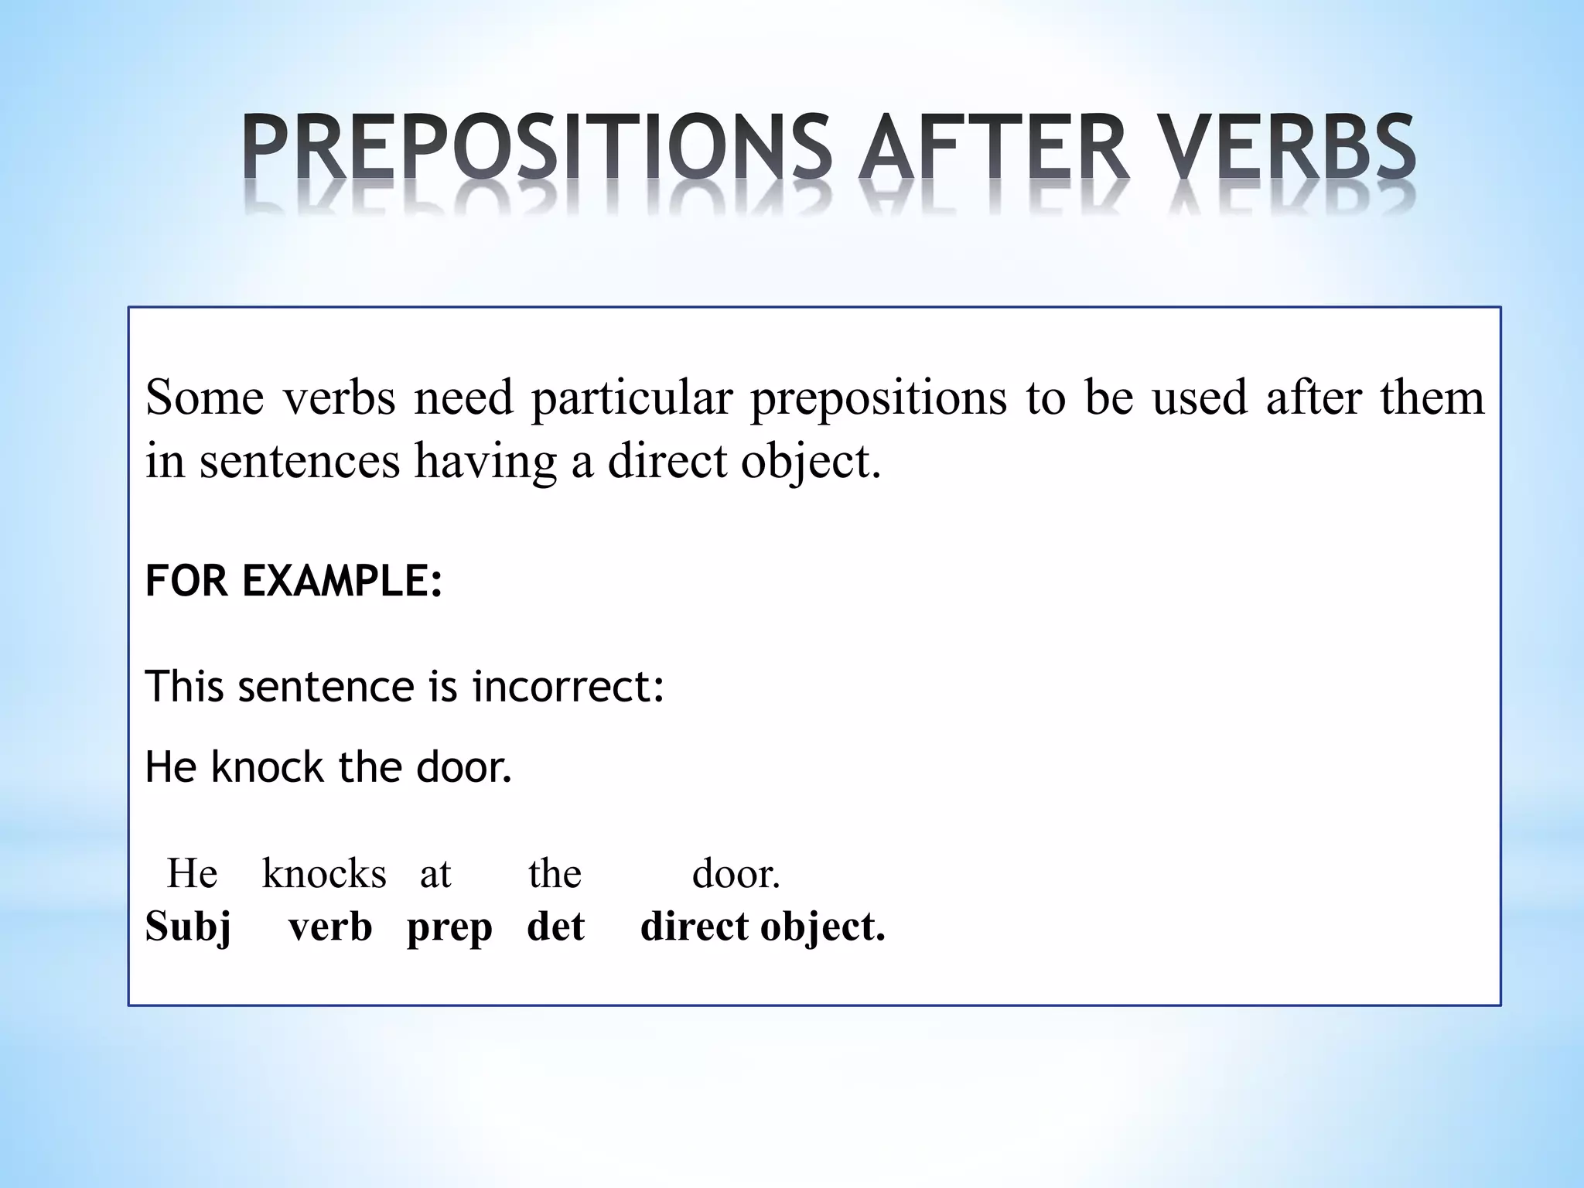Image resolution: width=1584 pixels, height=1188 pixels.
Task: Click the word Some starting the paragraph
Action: click(204, 398)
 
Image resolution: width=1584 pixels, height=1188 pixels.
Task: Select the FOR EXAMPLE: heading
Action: click(294, 581)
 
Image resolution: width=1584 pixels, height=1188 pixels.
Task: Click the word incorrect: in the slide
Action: click(568, 686)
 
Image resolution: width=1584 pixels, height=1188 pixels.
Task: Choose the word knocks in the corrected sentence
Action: click(324, 875)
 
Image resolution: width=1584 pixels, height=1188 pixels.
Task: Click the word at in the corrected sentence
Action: click(435, 875)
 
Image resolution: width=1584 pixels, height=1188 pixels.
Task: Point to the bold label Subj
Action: click(188, 927)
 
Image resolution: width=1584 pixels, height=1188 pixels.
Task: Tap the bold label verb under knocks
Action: click(330, 927)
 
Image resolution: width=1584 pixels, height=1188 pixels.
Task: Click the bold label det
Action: click(555, 927)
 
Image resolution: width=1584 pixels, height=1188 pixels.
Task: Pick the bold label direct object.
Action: click(763, 927)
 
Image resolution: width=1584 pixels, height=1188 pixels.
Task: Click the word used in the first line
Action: click(1200, 398)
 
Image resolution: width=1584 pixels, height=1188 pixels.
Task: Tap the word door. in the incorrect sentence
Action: click(464, 767)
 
